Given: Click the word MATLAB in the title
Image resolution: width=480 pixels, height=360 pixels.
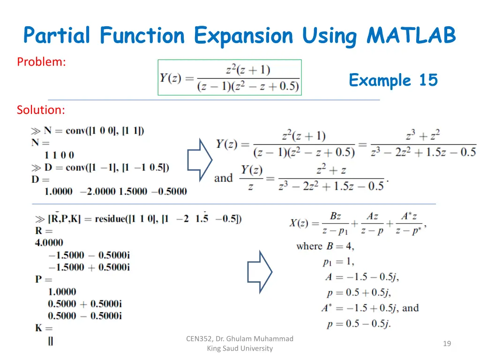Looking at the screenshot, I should pyautogui.click(x=411, y=36).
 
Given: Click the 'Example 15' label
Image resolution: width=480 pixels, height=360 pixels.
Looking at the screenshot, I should pyautogui.click(x=393, y=80).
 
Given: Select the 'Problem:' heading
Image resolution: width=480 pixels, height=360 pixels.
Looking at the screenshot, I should pyautogui.click(x=41, y=61).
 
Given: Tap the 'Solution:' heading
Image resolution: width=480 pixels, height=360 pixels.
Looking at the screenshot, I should pyautogui.click(x=41, y=110).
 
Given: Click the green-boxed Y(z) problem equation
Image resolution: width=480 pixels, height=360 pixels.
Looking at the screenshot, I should pyautogui.click(x=229, y=77).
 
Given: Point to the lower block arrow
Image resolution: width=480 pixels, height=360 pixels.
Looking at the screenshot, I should pyautogui.click(x=259, y=272).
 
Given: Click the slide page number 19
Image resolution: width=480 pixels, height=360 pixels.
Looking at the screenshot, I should pyautogui.click(x=447, y=344).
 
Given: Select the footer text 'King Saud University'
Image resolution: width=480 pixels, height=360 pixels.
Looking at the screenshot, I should pyautogui.click(x=240, y=348).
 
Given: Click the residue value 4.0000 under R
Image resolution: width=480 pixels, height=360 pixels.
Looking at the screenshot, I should pyautogui.click(x=49, y=243).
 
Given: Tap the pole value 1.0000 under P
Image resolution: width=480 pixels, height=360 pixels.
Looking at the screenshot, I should pyautogui.click(x=62, y=292).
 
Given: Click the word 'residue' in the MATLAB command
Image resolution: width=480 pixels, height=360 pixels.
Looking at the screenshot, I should pyautogui.click(x=112, y=218).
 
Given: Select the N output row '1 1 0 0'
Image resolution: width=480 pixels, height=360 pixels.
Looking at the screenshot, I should pyautogui.click(x=59, y=155).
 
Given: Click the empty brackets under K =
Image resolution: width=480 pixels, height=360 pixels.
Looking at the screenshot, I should pyautogui.click(x=50, y=341).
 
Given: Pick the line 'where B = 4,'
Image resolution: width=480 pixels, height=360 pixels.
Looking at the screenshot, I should pyautogui.click(x=325, y=246).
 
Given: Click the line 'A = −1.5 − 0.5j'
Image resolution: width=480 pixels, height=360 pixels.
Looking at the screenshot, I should pyautogui.click(x=362, y=277).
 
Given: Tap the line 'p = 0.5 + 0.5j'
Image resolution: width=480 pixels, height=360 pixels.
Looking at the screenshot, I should pyautogui.click(x=359, y=292).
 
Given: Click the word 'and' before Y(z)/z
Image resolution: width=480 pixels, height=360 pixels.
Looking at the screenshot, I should pyautogui.click(x=223, y=178).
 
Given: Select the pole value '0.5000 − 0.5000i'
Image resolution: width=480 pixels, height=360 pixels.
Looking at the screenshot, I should pyautogui.click(x=84, y=316).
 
